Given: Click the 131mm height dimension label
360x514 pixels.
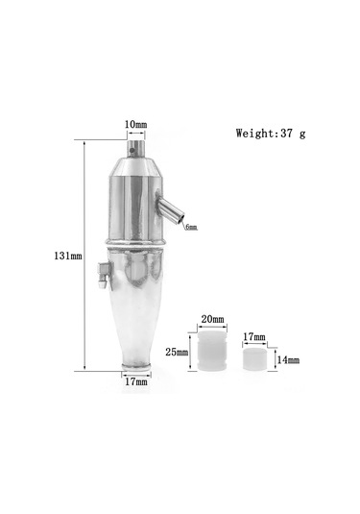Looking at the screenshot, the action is (68, 256).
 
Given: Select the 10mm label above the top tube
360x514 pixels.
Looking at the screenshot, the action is (136, 125).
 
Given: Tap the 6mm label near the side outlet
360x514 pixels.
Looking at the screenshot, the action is (192, 227).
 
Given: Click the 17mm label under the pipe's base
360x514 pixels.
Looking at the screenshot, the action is (136, 381).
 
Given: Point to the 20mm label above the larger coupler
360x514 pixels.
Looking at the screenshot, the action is (212, 319).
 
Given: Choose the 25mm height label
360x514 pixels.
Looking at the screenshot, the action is (177, 352).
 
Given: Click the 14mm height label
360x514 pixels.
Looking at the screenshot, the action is (288, 360).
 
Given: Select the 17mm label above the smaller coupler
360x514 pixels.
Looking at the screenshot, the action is (254, 336).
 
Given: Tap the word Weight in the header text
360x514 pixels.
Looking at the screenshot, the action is (254, 134).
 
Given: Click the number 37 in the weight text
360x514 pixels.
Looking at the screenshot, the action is (286, 134).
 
